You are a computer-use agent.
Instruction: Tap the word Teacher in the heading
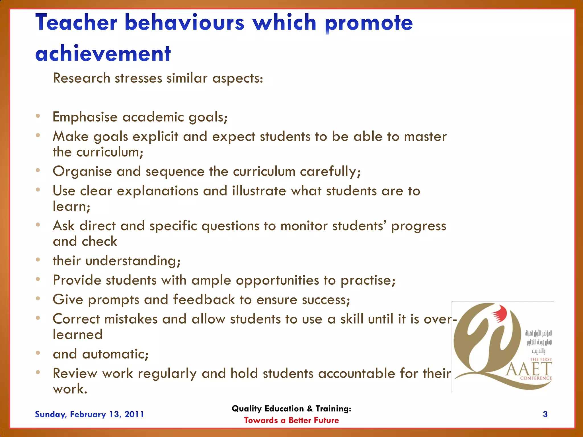[x=76, y=23]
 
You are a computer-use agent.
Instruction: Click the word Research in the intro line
[x=82, y=78]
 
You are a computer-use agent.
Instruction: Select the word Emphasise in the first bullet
[x=85, y=117]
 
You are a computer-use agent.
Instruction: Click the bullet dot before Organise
[x=38, y=170]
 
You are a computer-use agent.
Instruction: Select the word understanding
[x=133, y=261]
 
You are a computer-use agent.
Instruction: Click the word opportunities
[x=277, y=281]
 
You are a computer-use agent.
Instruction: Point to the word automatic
[x=115, y=354]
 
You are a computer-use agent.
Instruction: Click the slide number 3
[x=545, y=414]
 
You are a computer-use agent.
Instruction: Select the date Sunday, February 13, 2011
[x=89, y=414]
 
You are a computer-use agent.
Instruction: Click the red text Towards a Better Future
[x=291, y=420]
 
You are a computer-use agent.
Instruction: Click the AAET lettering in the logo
[x=529, y=369]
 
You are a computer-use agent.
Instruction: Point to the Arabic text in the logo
[x=538, y=341]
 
